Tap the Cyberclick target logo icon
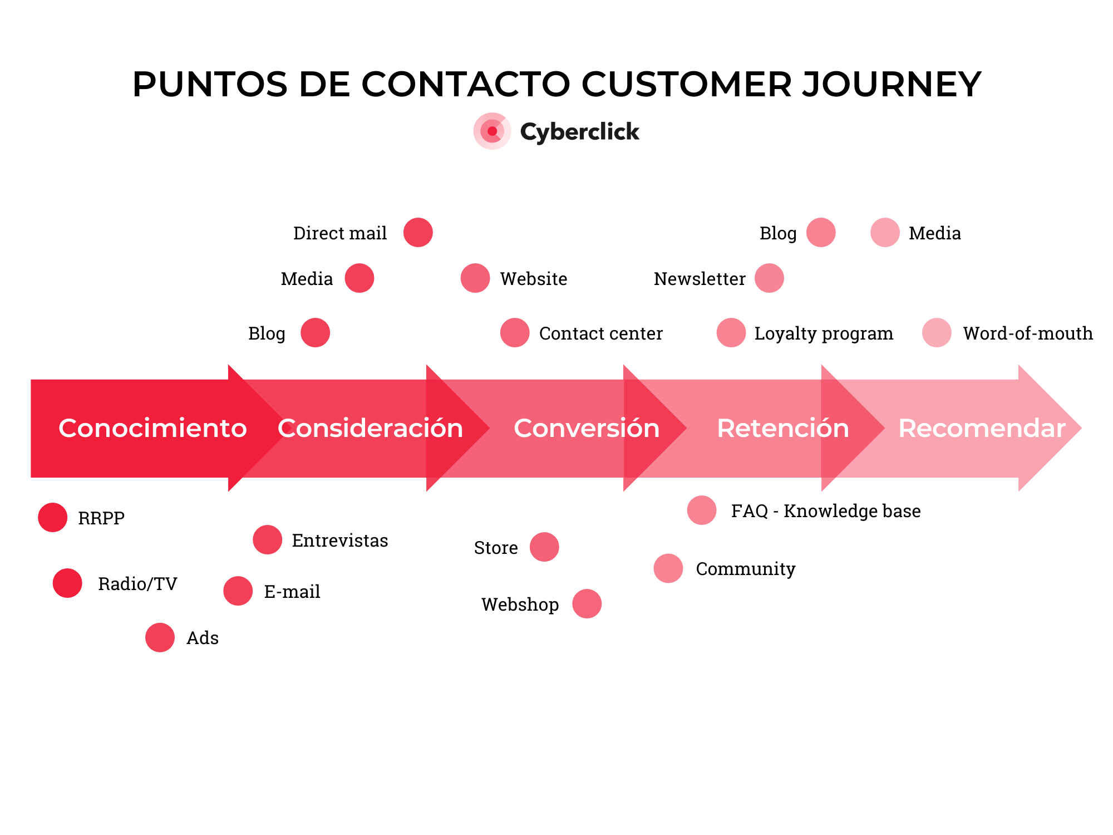(492, 131)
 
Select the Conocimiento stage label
(152, 428)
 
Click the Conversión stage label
(587, 428)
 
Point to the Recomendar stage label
(982, 428)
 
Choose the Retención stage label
(782, 428)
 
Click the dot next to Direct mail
(418, 233)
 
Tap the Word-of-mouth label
(1027, 333)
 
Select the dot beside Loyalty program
(731, 333)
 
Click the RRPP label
(101, 518)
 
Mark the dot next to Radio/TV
(67, 583)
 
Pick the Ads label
(203, 638)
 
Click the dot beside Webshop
(587, 604)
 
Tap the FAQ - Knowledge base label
(825, 511)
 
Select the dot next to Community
(668, 568)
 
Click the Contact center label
(600, 333)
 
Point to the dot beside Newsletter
(769, 278)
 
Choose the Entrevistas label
(339, 541)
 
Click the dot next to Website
(475, 278)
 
